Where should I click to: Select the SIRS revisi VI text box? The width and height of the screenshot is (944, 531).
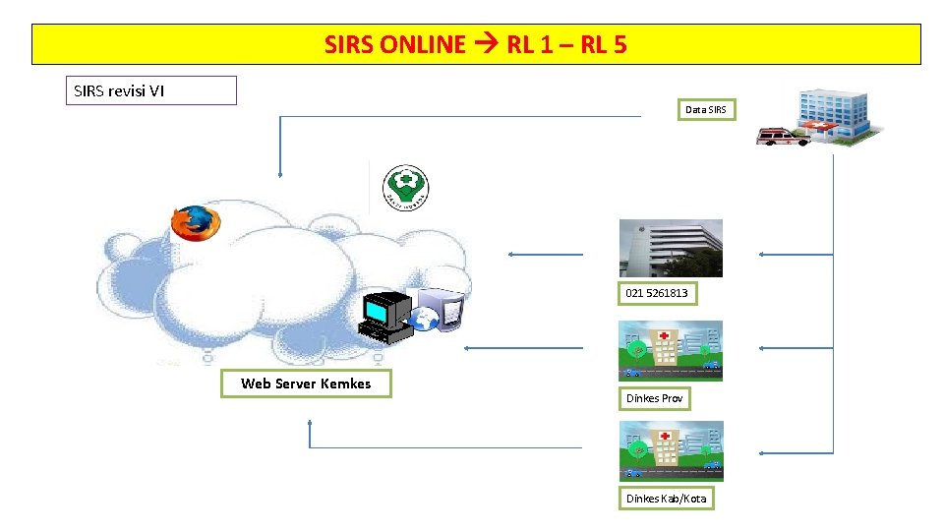pyautogui.click(x=150, y=90)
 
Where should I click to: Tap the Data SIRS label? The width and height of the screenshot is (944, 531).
pyautogui.click(x=705, y=110)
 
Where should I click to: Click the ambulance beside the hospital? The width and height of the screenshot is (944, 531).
pyautogui.click(x=782, y=135)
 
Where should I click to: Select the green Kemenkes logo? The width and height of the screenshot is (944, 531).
pyautogui.click(x=406, y=187)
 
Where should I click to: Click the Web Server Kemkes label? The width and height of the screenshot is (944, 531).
pyautogui.click(x=306, y=383)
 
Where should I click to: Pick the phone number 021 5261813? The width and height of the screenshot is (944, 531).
pyautogui.click(x=657, y=293)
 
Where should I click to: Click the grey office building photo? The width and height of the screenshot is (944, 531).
pyautogui.click(x=670, y=248)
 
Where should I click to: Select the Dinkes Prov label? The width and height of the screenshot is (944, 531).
pyautogui.click(x=654, y=398)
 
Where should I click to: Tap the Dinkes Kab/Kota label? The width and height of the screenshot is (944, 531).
pyautogui.click(x=666, y=499)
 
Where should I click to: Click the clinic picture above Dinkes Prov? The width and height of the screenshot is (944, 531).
pyautogui.click(x=670, y=350)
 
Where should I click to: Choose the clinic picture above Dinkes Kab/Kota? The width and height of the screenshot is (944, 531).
pyautogui.click(x=670, y=451)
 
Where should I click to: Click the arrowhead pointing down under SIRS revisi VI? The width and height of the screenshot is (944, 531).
pyautogui.click(x=280, y=173)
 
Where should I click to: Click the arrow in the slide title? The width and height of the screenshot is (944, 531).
pyautogui.click(x=486, y=45)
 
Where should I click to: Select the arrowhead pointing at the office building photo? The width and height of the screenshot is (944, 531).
pyautogui.click(x=763, y=254)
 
